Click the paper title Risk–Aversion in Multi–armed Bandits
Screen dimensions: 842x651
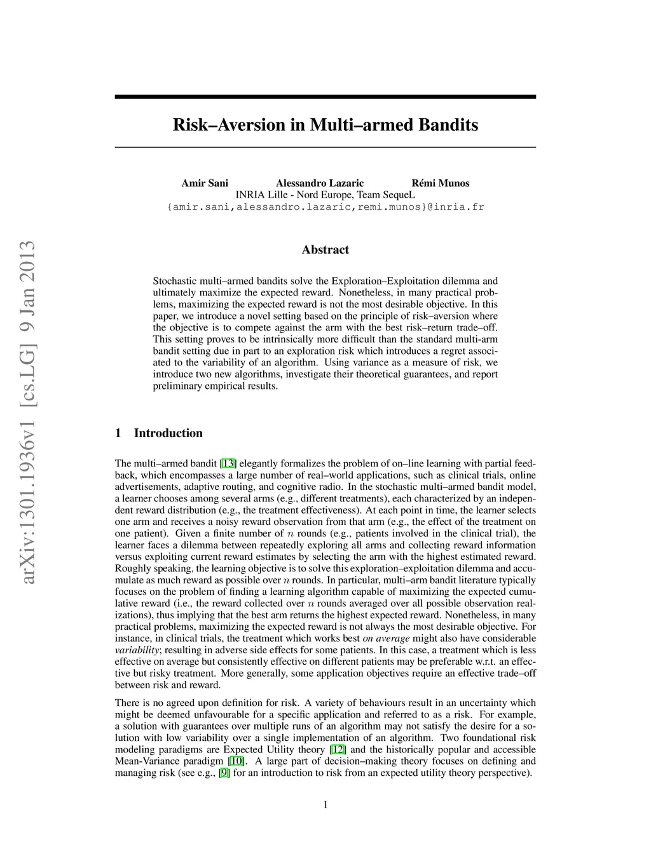325,125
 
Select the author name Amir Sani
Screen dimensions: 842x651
205,183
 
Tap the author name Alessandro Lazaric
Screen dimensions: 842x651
320,183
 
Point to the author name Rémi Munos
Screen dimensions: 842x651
441,183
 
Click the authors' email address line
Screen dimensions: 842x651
325,207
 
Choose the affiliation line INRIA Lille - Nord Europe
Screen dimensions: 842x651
325,194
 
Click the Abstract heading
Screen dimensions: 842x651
325,250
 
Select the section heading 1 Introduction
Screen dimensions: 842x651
159,433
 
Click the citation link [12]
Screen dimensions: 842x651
337,750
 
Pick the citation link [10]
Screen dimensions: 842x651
236,761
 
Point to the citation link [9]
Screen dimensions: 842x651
224,773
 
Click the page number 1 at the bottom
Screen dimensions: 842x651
325,805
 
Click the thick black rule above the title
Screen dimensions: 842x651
325,97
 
